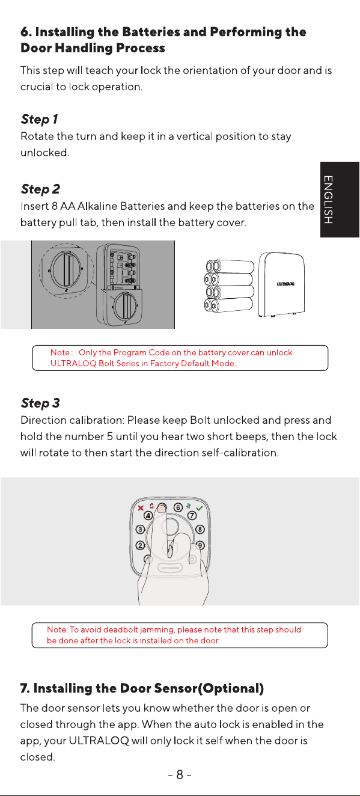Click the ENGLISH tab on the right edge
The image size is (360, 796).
tap(340, 200)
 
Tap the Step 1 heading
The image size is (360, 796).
tap(39, 120)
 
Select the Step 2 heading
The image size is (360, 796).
tap(40, 189)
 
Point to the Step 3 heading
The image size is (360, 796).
tap(40, 403)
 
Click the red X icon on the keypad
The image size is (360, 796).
tap(141, 508)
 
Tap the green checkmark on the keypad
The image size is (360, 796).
tap(199, 509)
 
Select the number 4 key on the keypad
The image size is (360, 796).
tap(148, 516)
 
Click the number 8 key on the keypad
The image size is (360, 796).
tap(200, 530)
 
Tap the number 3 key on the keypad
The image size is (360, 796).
tap(140, 530)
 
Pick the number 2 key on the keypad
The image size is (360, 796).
tap(141, 545)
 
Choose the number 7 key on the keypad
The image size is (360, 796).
tap(192, 516)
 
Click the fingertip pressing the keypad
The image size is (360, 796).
tap(162, 508)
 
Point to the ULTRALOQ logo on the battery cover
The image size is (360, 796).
tap(285, 284)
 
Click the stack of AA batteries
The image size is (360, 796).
tap(229, 286)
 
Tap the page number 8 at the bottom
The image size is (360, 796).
tap(180, 774)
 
